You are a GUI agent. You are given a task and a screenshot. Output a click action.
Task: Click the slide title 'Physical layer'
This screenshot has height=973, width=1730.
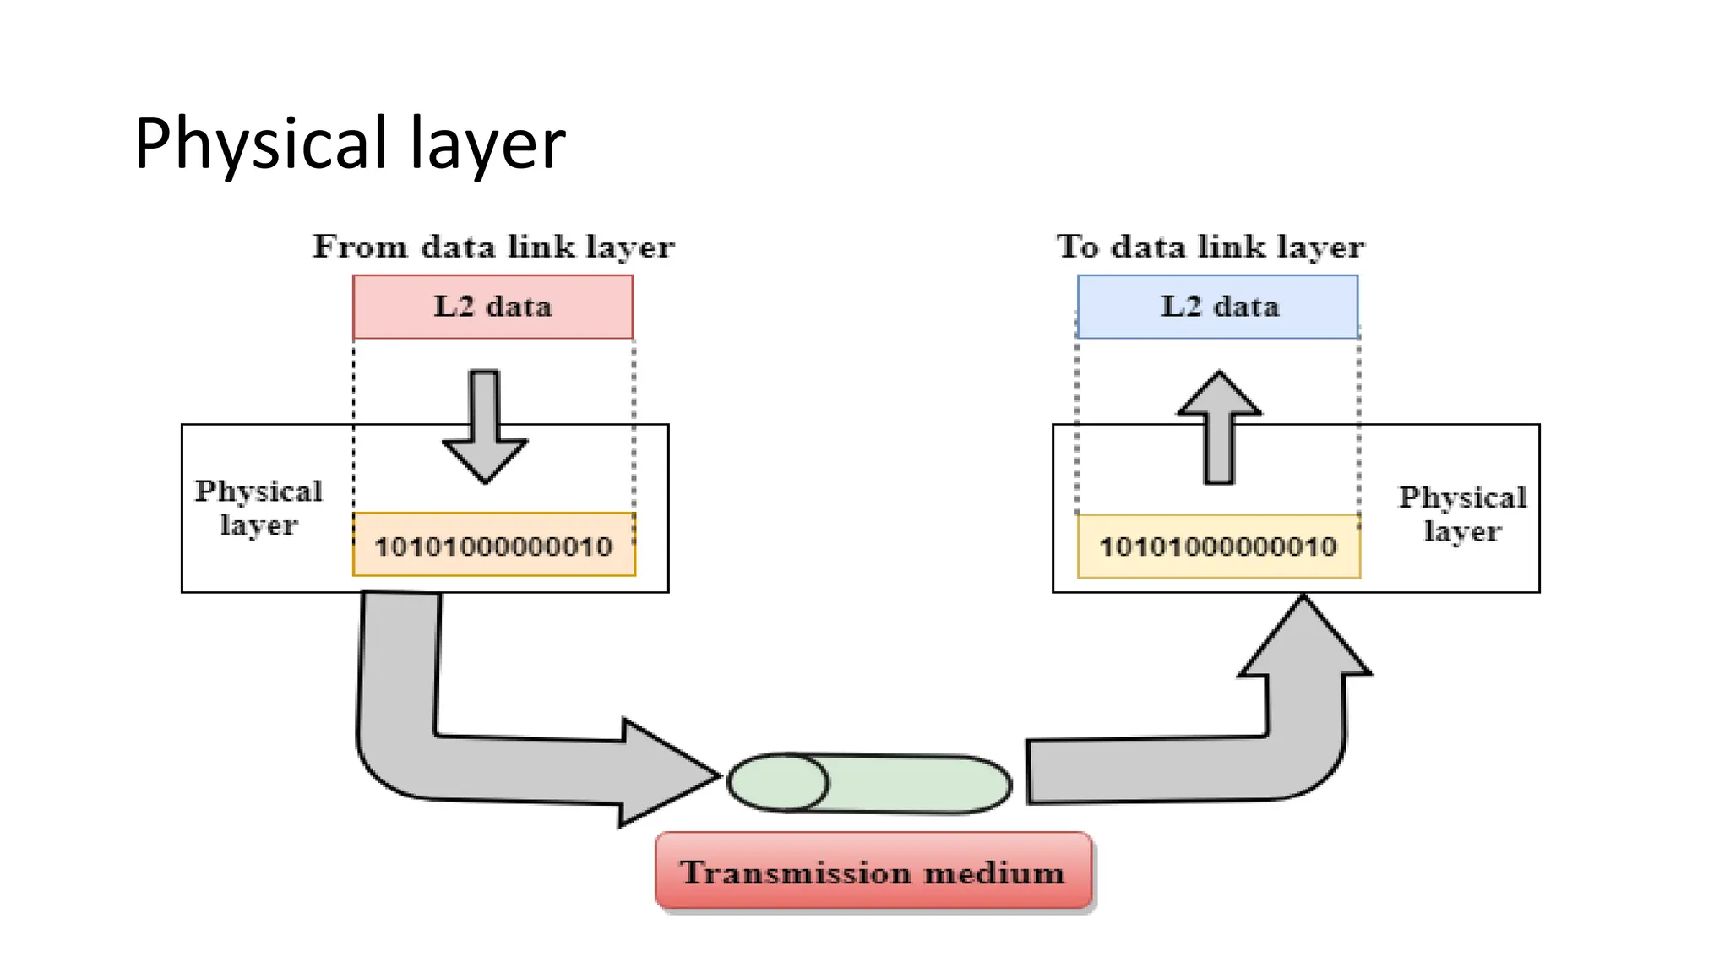tap(349, 144)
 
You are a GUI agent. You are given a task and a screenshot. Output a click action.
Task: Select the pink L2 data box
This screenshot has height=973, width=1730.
tap(492, 307)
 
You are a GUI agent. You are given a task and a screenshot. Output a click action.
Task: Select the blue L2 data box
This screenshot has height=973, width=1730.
tap(1218, 307)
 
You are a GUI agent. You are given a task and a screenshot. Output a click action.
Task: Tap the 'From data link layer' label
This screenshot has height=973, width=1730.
tap(493, 247)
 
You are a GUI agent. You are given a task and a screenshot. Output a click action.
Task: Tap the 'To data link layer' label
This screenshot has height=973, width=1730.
tap(1210, 247)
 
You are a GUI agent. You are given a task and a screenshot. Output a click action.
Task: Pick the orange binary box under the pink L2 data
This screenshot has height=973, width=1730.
tap(493, 546)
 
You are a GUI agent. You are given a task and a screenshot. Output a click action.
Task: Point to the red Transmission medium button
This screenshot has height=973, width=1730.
tap(873, 871)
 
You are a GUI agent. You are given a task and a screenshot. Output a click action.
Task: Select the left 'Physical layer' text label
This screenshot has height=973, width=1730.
tap(258, 508)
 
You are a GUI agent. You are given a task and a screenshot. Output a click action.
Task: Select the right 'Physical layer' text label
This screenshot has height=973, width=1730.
tap(1462, 514)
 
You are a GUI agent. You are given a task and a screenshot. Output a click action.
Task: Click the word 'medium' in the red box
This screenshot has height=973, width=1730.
tap(994, 872)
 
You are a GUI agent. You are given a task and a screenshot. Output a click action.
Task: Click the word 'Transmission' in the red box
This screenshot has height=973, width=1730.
tap(796, 872)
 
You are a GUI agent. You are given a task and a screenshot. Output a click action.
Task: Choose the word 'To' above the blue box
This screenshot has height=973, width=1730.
tap(1078, 247)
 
